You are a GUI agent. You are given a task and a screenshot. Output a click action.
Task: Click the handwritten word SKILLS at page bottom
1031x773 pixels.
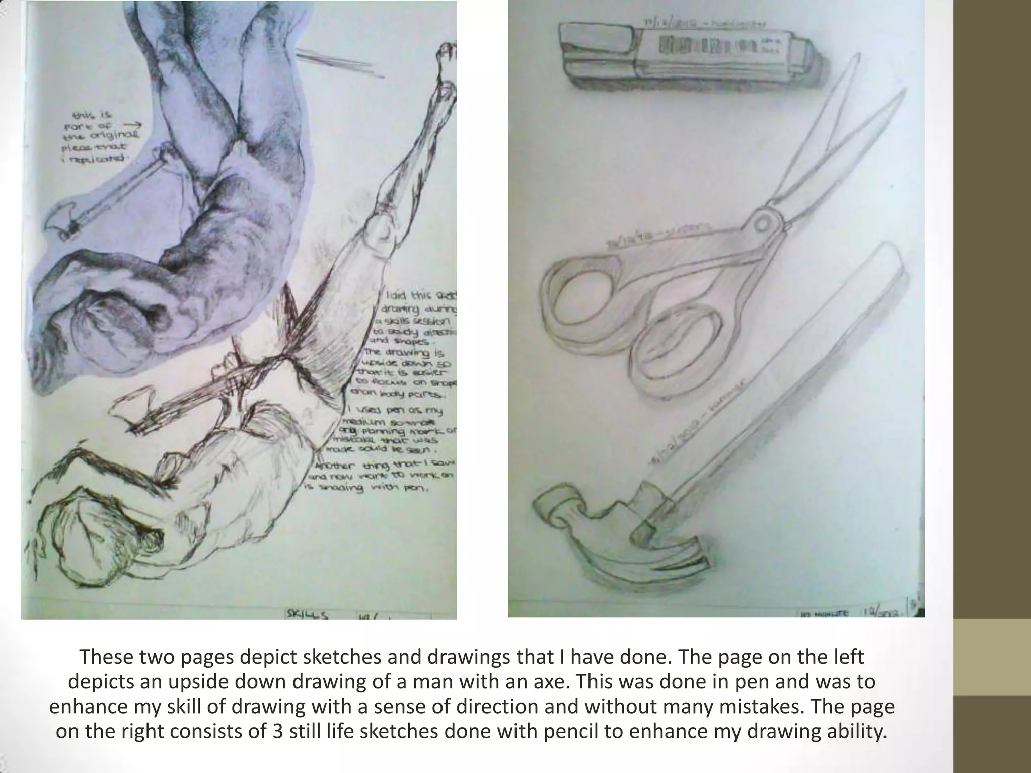[307, 614]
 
